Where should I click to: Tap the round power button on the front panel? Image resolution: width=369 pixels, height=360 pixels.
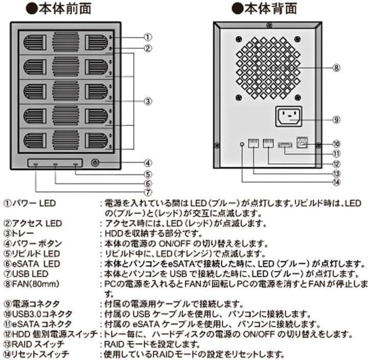pos(94,164)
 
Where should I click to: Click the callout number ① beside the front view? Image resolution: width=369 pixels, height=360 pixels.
pos(147,37)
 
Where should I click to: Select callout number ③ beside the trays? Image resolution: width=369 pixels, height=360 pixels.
pos(147,101)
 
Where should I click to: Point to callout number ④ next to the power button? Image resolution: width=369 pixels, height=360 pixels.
pos(147,164)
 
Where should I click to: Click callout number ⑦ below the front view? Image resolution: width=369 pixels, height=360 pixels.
pos(147,193)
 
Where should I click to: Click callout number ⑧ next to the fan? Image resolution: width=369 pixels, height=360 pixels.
pos(336,67)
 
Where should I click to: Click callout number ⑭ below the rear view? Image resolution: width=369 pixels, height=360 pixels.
pos(336,180)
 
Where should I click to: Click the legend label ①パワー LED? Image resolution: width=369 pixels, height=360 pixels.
pos(30,204)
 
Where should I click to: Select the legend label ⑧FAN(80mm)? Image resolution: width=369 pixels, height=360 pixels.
pos(31,283)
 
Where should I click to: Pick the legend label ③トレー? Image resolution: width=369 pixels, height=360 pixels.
pos(21,233)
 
